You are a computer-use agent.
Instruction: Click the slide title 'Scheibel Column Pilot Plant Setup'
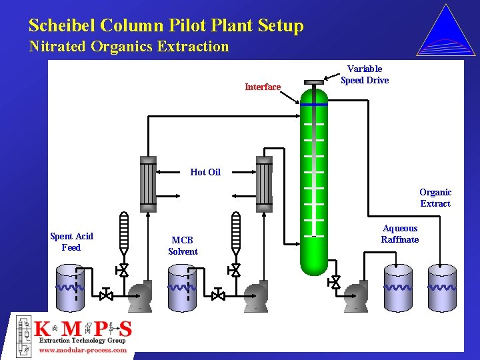tap(166, 26)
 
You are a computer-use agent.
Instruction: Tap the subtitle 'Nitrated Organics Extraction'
tap(129, 47)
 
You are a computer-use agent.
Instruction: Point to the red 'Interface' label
tap(263, 87)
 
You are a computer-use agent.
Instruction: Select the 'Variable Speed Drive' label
tap(365, 75)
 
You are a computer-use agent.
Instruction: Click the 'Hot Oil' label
tap(205, 172)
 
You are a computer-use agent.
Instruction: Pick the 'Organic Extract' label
tap(435, 198)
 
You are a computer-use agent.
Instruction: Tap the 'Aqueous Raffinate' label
tap(400, 234)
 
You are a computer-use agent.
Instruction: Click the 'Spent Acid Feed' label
tap(71, 242)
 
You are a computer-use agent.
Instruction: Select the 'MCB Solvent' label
tap(183, 246)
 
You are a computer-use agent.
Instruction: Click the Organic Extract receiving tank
tap(442, 288)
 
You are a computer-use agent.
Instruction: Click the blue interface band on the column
tap(314, 104)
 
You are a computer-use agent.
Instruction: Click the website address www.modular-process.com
tap(83, 349)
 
